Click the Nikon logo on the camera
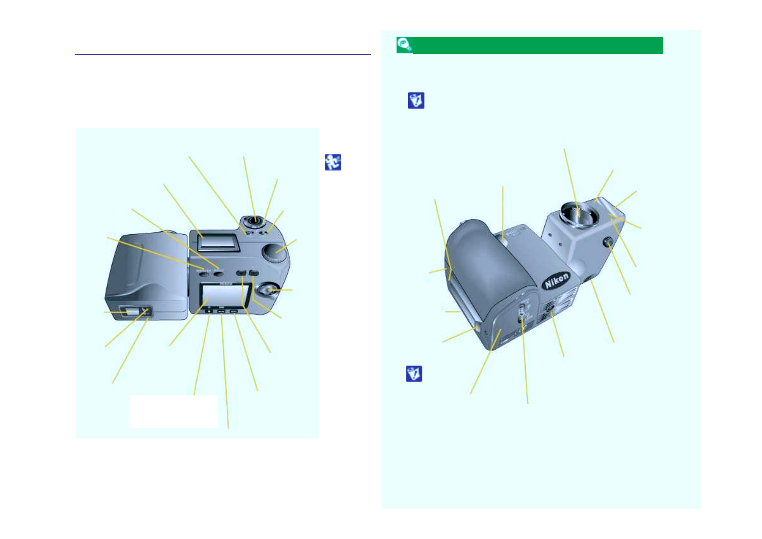point(557,281)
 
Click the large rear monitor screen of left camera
point(224,295)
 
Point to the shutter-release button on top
point(255,221)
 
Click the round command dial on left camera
point(275,252)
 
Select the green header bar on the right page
point(538,45)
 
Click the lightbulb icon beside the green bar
point(404,45)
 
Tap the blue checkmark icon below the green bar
point(416,101)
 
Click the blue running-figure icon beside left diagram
point(333,162)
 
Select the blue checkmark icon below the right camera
point(414,374)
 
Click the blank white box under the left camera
point(173,411)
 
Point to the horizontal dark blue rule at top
point(223,54)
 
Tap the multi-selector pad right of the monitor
point(269,290)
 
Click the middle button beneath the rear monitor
point(221,312)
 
